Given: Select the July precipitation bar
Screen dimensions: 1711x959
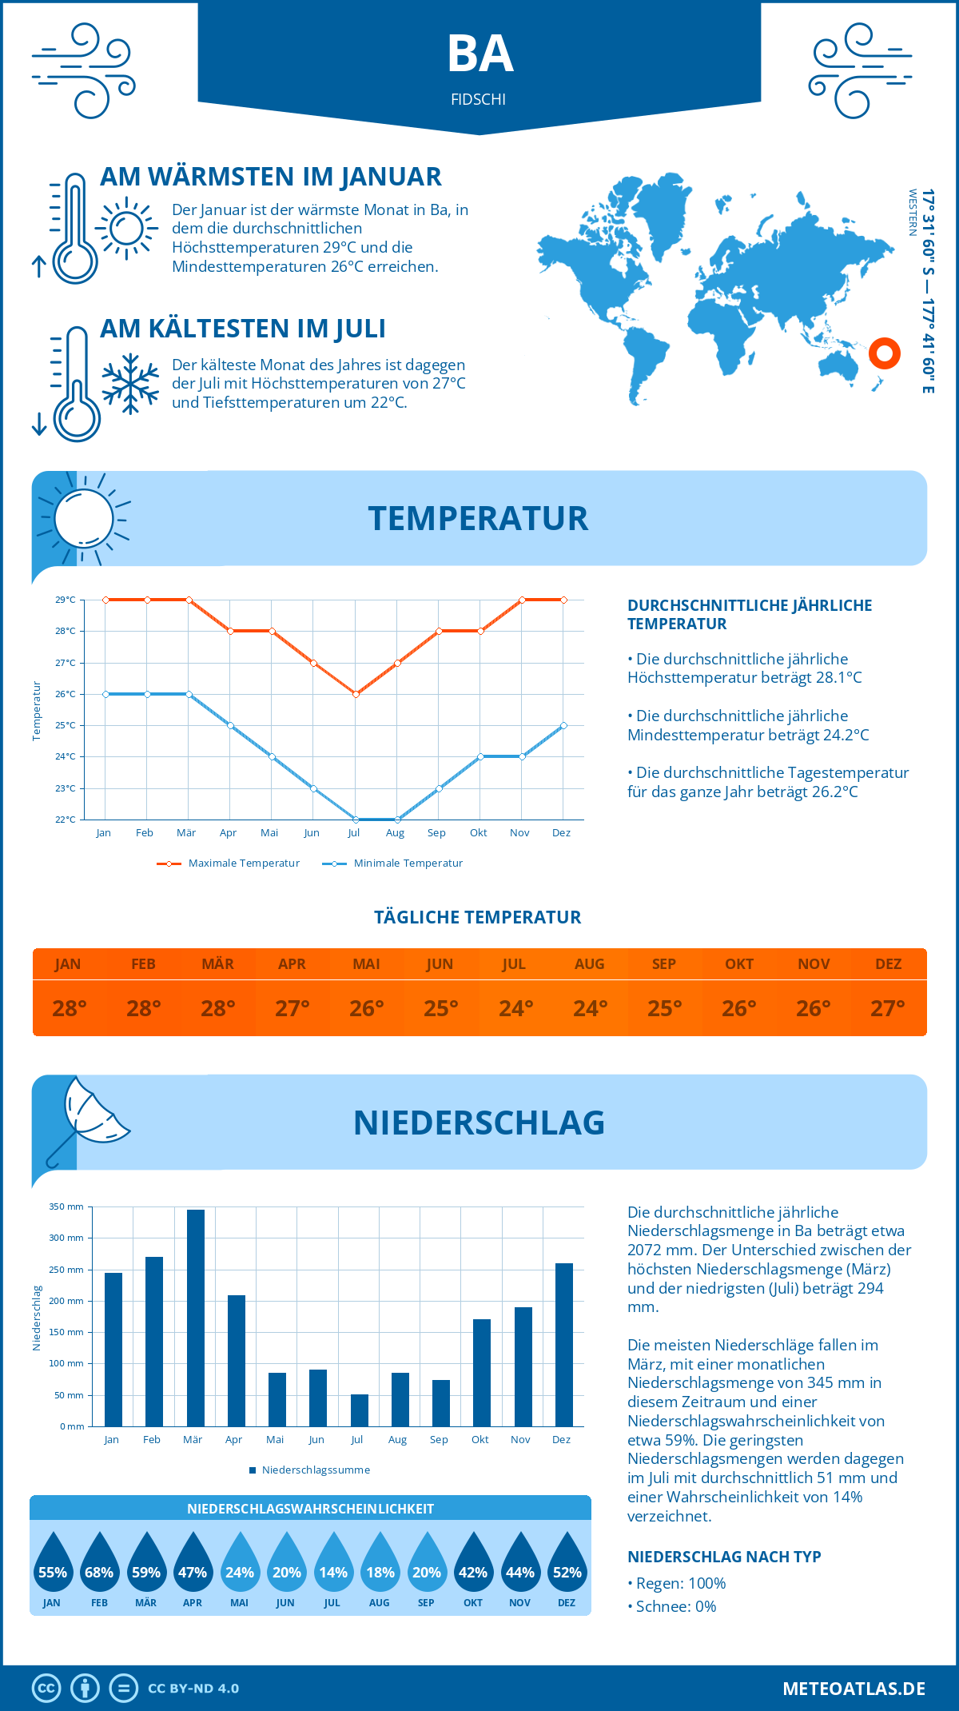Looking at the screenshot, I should [x=360, y=1410].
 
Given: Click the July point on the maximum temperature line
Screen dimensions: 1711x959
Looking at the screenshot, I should [x=356, y=694].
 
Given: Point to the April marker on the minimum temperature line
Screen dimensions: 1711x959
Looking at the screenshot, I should [x=230, y=726].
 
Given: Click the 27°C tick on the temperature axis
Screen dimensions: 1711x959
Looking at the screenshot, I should [x=66, y=663].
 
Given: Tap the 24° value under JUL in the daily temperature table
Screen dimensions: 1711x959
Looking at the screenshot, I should [x=515, y=1008].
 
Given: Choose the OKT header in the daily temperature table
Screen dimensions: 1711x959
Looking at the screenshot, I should [x=738, y=964].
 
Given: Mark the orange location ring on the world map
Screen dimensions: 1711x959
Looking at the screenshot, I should [x=885, y=353].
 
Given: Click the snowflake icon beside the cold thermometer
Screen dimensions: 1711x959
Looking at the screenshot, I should [x=130, y=384].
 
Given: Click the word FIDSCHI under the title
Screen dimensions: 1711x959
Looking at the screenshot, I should [x=478, y=100].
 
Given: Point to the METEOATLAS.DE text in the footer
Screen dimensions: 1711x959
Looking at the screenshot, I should [x=854, y=1689].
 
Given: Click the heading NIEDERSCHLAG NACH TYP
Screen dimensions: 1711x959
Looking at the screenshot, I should [x=724, y=1557].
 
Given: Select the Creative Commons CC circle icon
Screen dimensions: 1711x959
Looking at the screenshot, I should [x=46, y=1689].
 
